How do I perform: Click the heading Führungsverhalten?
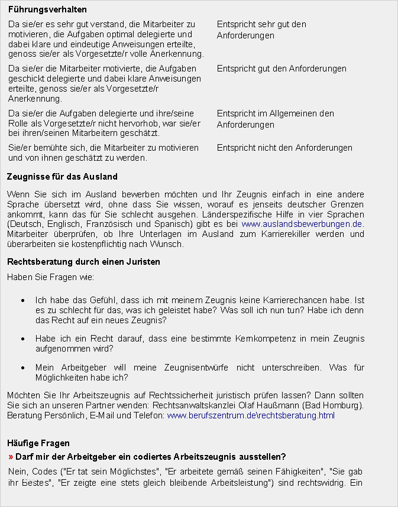pos(47,10)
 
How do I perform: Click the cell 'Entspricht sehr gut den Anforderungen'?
pos(261,30)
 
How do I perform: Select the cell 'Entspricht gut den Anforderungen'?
pos(281,69)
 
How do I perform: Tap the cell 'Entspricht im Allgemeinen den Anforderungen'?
pos(275,119)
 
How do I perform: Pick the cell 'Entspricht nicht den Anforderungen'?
pos(284,148)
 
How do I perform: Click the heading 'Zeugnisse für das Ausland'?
pos(62,177)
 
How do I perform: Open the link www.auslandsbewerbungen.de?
pos(302,225)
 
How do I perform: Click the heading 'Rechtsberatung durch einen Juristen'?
pos(83,262)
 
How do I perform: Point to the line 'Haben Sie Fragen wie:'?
pos(50,277)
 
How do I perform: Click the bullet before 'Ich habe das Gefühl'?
pos(22,301)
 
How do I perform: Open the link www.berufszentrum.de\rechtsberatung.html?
pos(251,416)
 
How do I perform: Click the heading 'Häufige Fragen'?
pos(39,443)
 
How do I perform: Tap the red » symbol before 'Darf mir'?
pos(11,457)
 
